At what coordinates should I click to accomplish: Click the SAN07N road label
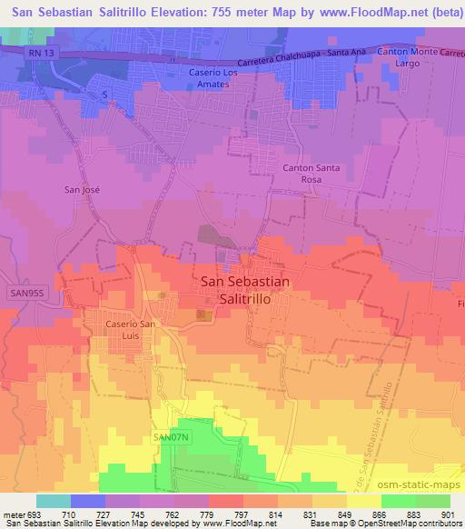[170, 438]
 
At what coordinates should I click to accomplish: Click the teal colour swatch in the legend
[53, 501]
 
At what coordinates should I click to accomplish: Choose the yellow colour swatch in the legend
[364, 501]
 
